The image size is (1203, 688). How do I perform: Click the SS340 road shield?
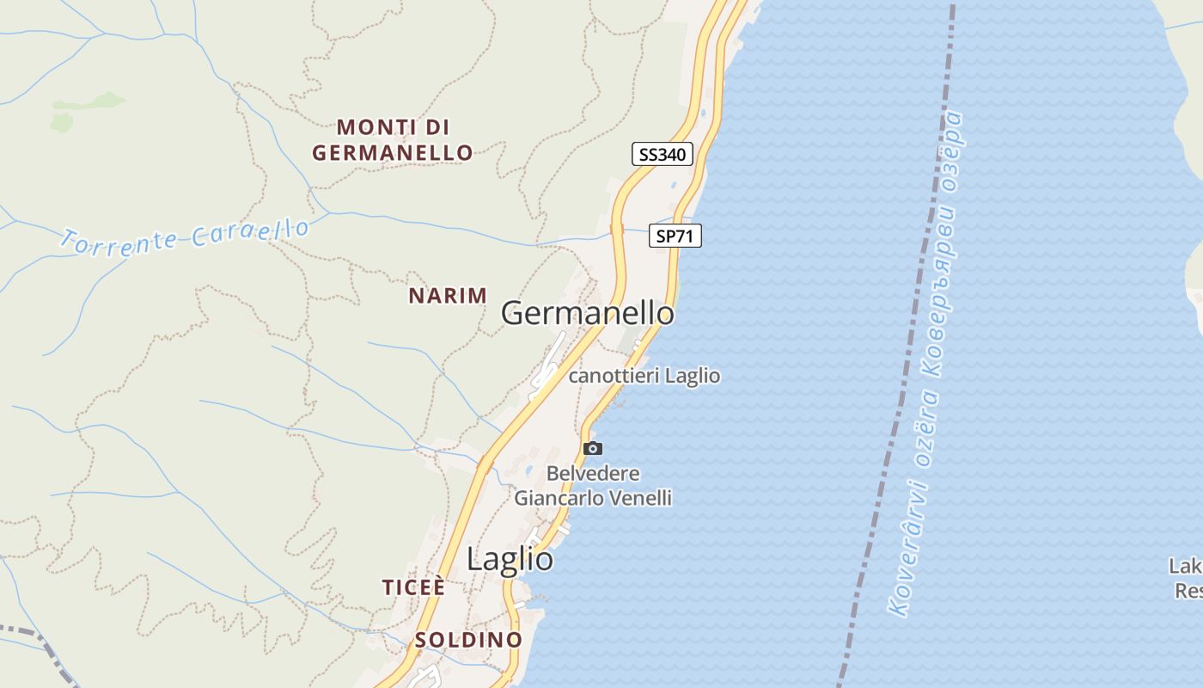(x=662, y=155)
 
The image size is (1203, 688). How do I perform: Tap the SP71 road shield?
(x=675, y=236)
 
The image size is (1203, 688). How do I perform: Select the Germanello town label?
(x=588, y=313)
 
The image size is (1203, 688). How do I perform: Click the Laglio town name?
(x=510, y=560)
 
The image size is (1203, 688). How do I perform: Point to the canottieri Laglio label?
(x=644, y=376)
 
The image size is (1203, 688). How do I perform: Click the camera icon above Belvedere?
(x=592, y=448)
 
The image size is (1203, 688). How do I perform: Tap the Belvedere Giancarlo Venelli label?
(x=593, y=486)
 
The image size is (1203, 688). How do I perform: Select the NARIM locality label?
(x=448, y=296)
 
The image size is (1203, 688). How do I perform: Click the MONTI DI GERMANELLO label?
(x=393, y=140)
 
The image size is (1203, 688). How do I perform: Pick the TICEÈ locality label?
(x=414, y=587)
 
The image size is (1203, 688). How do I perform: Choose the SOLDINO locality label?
(x=468, y=640)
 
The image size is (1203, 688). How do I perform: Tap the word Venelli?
(x=644, y=498)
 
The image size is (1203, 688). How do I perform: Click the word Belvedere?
(x=593, y=474)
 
